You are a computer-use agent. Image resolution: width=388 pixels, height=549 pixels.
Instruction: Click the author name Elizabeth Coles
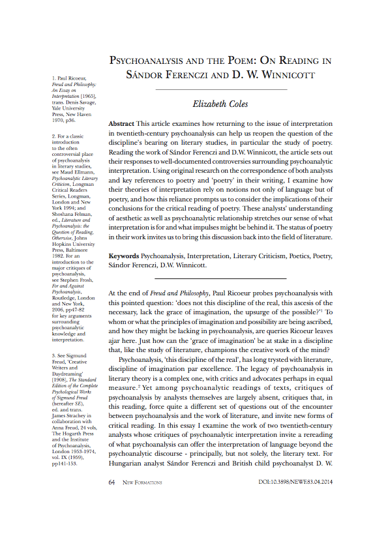[221, 104]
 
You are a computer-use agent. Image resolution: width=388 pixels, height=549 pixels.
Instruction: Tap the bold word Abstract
[121, 124]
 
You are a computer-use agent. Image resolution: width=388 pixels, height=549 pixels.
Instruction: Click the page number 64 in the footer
[112, 483]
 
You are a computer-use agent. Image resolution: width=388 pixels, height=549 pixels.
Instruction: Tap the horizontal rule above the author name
[221, 89]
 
